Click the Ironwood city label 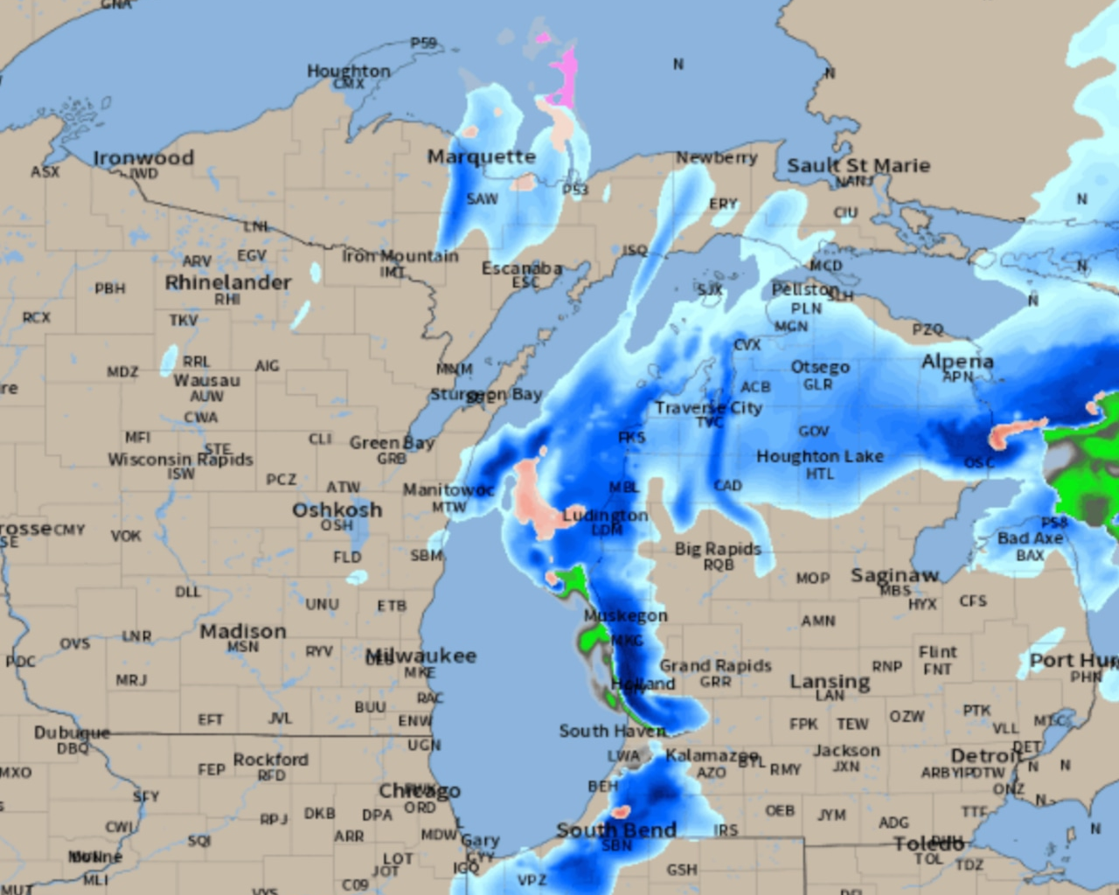[x=143, y=158]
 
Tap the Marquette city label [x=481, y=157]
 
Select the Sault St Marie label [x=858, y=165]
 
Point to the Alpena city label [x=957, y=362]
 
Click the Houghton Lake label [x=819, y=456]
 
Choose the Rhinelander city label [x=228, y=282]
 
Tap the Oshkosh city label [x=337, y=510]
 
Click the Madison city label [x=243, y=631]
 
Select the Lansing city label [x=830, y=682]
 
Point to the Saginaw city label [x=894, y=575]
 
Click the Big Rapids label [x=717, y=549]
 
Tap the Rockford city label [x=270, y=760]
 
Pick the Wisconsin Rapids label [x=180, y=460]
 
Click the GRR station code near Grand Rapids [x=715, y=682]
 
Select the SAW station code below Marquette [x=482, y=199]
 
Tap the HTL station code [x=819, y=474]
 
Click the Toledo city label [x=928, y=843]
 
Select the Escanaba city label [x=522, y=268]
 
